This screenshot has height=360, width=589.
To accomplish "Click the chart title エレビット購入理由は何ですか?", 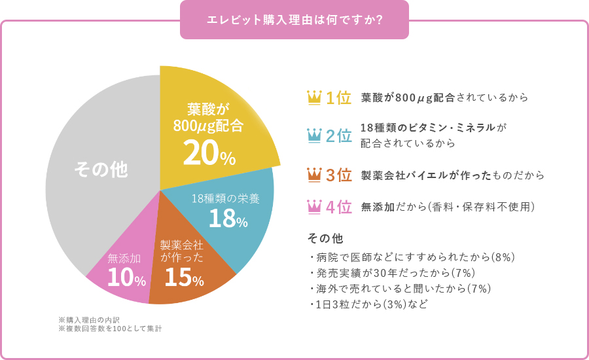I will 294,20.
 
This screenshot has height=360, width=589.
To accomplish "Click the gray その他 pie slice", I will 101,170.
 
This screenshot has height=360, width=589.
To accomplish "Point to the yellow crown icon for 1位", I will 314,98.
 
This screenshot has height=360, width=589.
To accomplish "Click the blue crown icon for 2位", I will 314,135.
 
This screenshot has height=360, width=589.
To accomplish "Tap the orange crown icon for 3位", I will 314,175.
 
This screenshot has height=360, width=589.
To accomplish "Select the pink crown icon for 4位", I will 314,207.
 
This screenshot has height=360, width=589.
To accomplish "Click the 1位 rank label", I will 339,98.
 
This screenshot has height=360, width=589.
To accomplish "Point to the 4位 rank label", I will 339,207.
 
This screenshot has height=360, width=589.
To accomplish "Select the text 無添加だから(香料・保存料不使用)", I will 448,207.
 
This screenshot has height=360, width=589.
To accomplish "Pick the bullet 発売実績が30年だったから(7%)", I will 392,273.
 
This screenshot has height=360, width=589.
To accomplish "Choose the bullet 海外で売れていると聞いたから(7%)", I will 400,289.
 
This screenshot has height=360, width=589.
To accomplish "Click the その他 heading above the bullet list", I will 325,237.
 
